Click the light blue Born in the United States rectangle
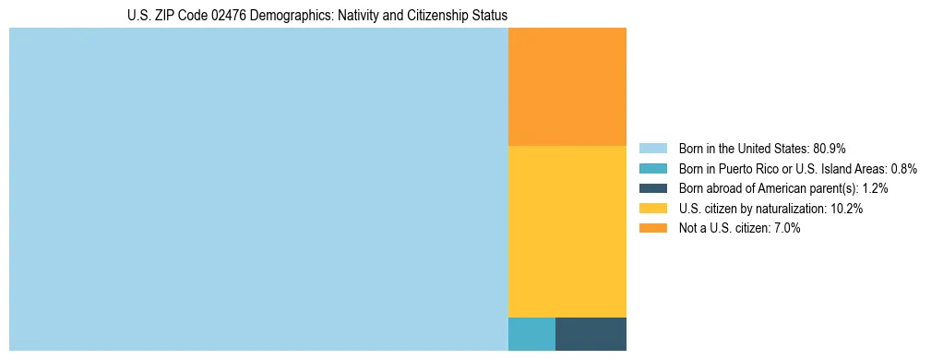pyautogui.click(x=258, y=189)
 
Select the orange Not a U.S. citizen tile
pyautogui.click(x=567, y=87)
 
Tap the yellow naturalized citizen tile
pyautogui.click(x=567, y=231)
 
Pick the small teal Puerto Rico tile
pyautogui.click(x=531, y=333)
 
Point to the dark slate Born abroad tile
pyautogui.click(x=591, y=333)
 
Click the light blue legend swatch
pyautogui.click(x=652, y=148)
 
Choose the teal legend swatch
pyautogui.click(x=652, y=168)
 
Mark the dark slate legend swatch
pyautogui.click(x=652, y=188)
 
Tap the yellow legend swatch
pyautogui.click(x=652, y=209)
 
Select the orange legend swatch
pyautogui.click(x=652, y=228)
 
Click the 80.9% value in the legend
pyautogui.click(x=830, y=148)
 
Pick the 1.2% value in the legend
pyautogui.click(x=873, y=188)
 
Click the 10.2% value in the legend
pyautogui.click(x=846, y=209)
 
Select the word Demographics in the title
pyautogui.click(x=274, y=16)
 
